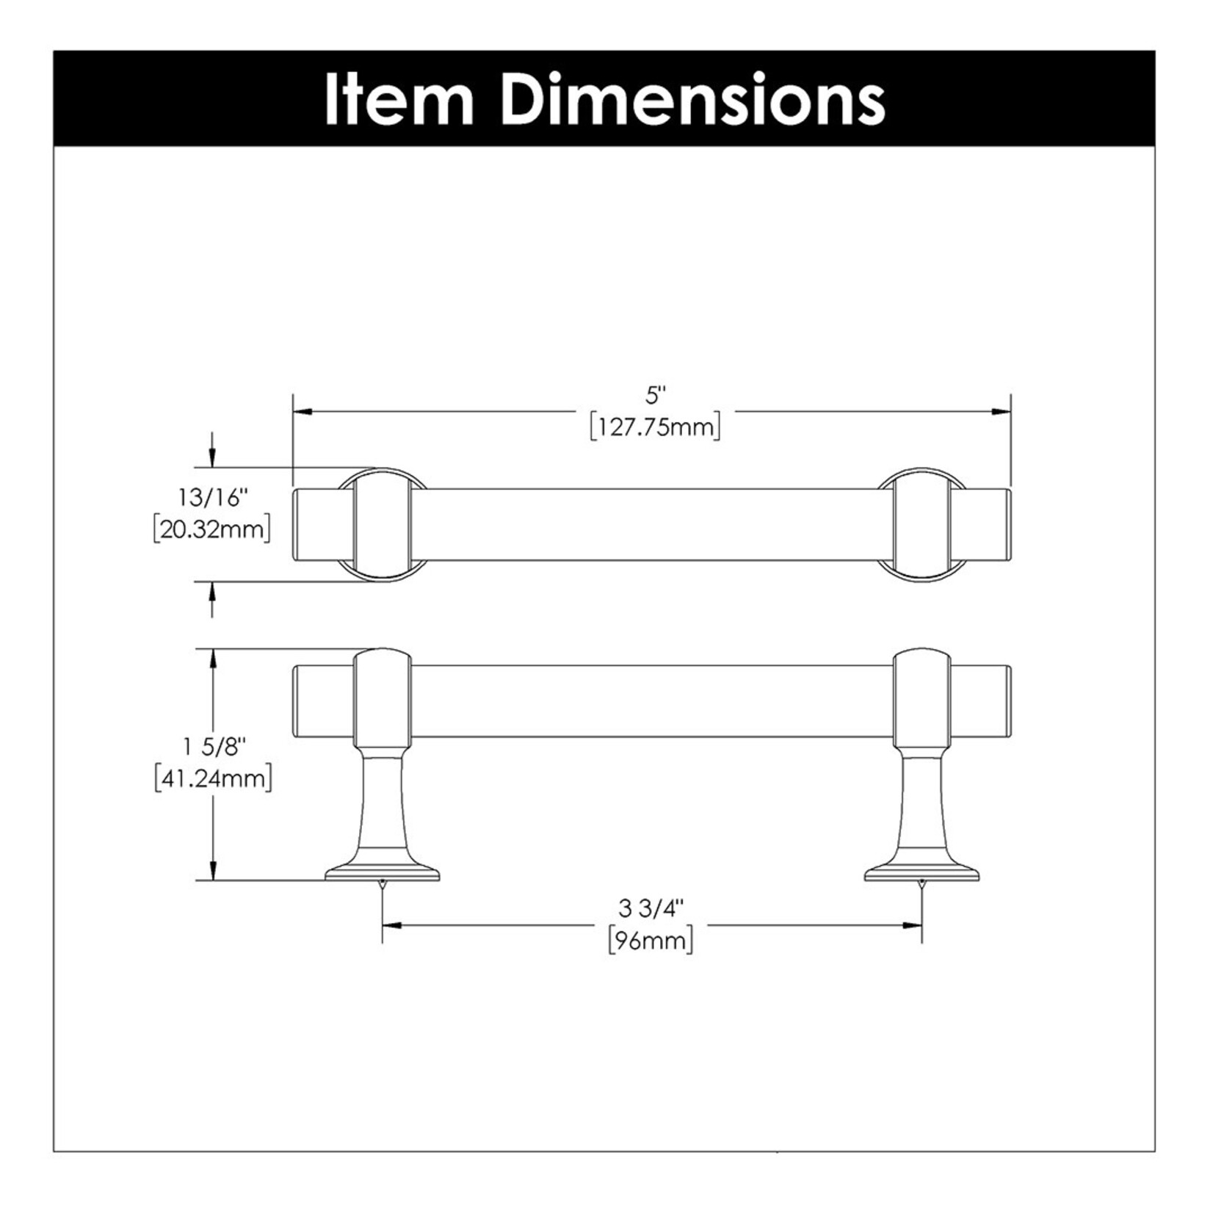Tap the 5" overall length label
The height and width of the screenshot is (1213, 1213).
(655, 396)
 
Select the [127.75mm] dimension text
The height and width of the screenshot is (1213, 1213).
(655, 427)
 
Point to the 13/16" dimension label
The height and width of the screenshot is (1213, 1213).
(211, 498)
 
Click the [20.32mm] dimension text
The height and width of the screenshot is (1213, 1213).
(211, 529)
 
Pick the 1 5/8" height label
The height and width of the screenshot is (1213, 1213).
(213, 747)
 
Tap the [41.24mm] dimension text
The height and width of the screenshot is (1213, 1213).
(213, 778)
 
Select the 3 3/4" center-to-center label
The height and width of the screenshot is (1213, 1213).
(651, 908)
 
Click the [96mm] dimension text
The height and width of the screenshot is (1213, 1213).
(651, 941)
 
